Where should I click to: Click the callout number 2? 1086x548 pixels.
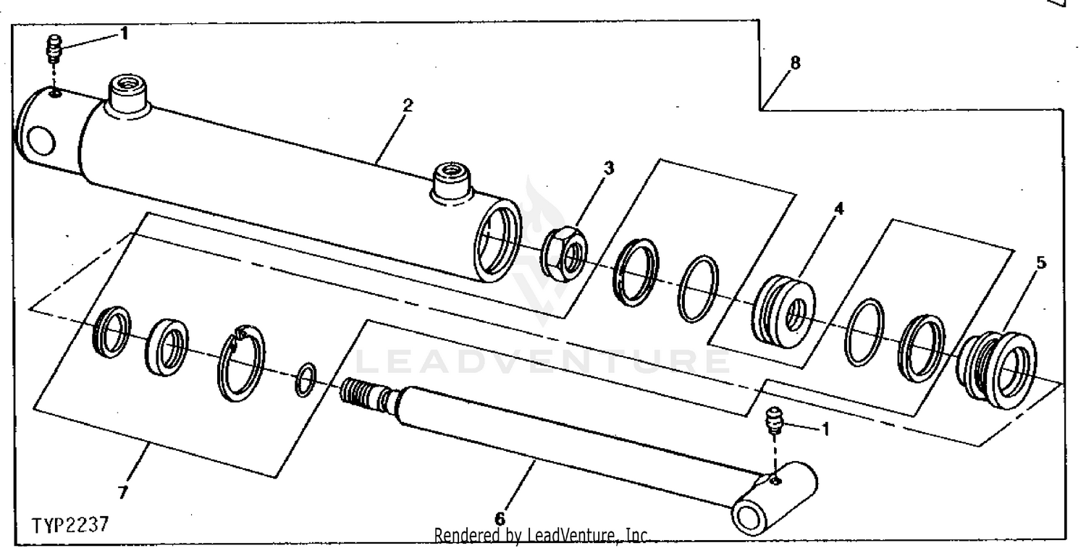408,105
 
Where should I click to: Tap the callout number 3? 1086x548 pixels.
609,168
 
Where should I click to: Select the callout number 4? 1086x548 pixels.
838,208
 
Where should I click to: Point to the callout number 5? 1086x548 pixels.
1041,262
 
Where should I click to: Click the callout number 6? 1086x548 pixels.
500,518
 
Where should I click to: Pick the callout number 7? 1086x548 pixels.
123,492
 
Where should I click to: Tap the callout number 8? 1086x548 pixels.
795,62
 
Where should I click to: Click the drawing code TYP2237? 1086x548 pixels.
71,525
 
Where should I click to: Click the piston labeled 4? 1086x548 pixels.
783,311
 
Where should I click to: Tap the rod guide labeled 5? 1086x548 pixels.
997,369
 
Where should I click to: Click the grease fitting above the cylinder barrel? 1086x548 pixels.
54,49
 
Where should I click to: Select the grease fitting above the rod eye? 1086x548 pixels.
774,420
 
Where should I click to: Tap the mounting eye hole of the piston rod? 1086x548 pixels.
749,519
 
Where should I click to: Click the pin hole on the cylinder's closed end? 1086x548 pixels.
41,140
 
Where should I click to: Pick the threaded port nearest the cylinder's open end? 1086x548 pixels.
451,181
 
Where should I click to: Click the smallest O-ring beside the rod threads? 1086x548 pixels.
306,379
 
